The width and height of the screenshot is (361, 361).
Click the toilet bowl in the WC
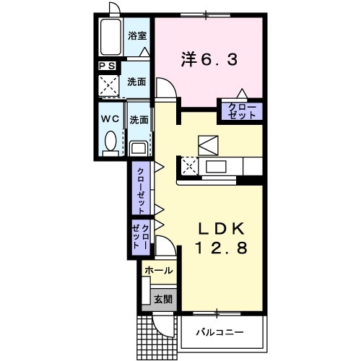pos(111,142)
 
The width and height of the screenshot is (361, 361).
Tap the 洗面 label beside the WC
pos(139,119)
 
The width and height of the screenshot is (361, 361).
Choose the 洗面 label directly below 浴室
pos(137,82)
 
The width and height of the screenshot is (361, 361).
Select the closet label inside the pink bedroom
pos(241,111)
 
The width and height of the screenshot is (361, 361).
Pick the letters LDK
pos(222,229)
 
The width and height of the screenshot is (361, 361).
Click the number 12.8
pos(222,249)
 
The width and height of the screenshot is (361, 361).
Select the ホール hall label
pos(158,271)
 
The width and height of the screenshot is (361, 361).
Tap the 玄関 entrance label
pos(162,298)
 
